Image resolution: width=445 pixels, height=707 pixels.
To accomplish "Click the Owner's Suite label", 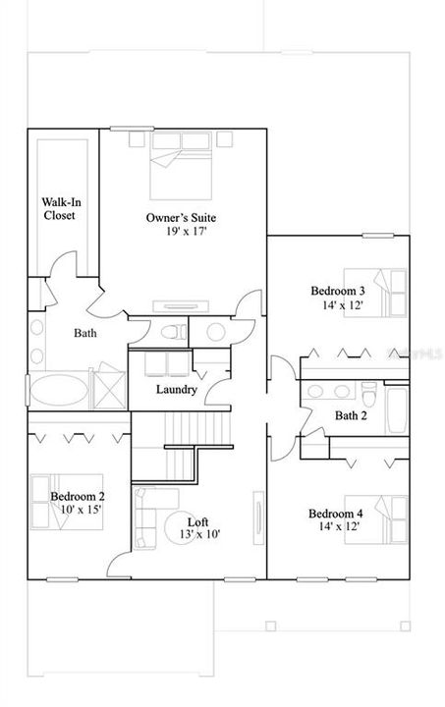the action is (181, 218).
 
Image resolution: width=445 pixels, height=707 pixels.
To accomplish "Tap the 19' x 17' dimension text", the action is (186, 232).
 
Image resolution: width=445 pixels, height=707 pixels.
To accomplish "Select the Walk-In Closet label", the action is (61, 209).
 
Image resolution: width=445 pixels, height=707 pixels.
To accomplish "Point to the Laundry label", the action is (176, 390).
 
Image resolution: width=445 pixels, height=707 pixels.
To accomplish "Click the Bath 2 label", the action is (351, 415).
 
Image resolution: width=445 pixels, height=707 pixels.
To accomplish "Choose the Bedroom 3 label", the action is (338, 291).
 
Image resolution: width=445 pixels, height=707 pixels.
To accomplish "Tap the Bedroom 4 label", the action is (335, 514).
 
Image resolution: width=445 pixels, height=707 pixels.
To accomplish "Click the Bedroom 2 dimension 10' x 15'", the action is (81, 510).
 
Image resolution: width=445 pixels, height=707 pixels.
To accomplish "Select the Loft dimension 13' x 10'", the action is (199, 535).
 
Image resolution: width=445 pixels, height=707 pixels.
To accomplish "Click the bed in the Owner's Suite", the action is (181, 166).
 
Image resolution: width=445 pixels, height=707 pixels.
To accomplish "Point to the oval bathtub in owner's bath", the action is (60, 391).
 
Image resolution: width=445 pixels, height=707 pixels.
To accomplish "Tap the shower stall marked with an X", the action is (110, 390).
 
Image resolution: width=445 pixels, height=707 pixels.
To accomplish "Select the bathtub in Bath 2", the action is (397, 409).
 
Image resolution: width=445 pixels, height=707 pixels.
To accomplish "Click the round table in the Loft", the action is (181, 528).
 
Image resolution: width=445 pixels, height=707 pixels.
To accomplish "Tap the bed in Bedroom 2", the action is (67, 502).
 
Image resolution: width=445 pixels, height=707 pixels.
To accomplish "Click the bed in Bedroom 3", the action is (375, 293).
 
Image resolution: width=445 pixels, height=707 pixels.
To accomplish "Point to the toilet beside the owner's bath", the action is (174, 332).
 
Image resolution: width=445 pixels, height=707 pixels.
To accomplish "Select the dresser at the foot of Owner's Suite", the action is (181, 306).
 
